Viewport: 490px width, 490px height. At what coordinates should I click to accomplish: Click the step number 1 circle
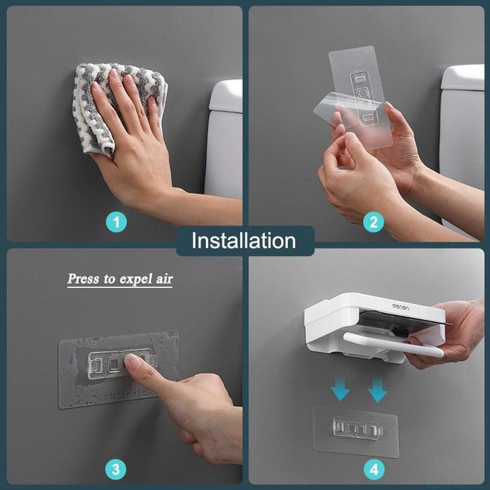(115, 223)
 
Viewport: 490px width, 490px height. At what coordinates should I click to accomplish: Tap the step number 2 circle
(373, 223)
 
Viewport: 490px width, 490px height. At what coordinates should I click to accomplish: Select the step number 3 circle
(115, 469)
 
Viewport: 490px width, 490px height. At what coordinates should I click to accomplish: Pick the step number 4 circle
(373, 469)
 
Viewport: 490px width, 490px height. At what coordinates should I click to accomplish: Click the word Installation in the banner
(244, 241)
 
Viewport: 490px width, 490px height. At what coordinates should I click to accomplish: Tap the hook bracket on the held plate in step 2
(362, 95)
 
